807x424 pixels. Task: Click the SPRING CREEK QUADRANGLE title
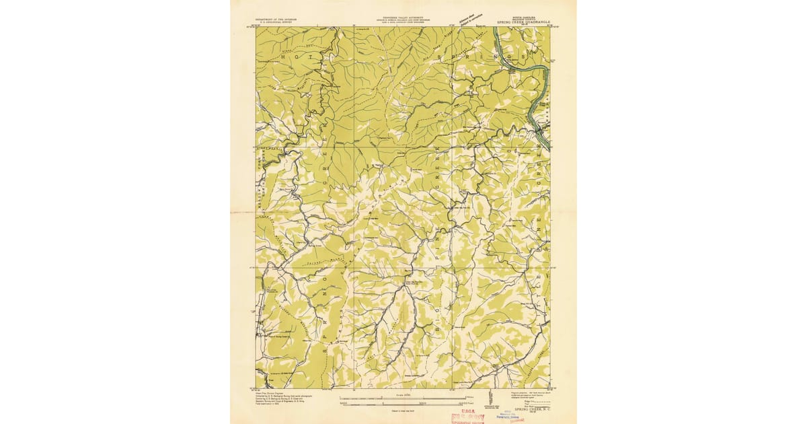coord(524,22)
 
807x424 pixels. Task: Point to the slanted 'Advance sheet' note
coord(469,19)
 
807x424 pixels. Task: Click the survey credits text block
coord(282,401)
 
